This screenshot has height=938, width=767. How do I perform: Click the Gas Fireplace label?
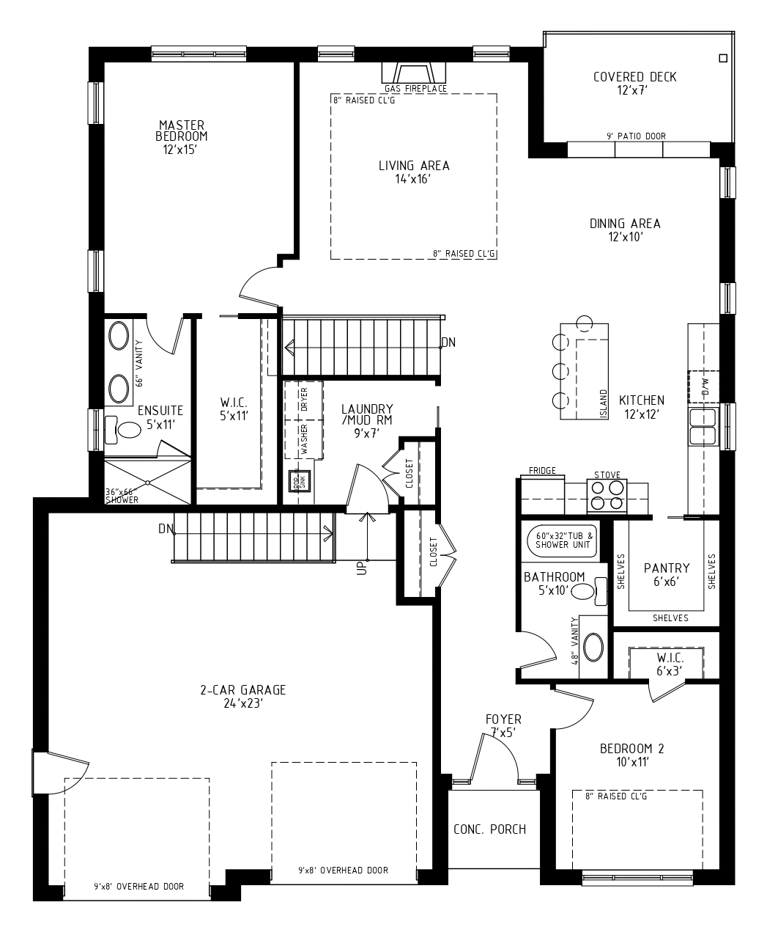click(415, 89)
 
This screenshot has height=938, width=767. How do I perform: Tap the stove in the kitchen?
click(607, 496)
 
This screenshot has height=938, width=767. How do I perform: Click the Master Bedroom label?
click(181, 131)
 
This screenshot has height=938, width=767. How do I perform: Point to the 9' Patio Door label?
click(636, 136)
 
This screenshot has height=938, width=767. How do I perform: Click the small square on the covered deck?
click(723, 58)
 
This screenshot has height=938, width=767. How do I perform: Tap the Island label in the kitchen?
click(603, 404)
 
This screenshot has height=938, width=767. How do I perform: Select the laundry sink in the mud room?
click(299, 481)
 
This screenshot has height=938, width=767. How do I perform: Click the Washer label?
click(304, 439)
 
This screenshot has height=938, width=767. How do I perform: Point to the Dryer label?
click(304, 399)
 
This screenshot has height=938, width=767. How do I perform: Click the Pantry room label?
click(667, 568)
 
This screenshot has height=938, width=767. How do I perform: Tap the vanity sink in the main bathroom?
click(593, 647)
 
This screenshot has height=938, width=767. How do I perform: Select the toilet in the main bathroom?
click(589, 592)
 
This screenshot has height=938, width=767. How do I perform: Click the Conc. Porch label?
click(489, 829)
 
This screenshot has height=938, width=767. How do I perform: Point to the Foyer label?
click(503, 719)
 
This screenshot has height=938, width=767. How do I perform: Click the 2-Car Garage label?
click(243, 690)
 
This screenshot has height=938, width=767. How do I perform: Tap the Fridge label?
click(542, 471)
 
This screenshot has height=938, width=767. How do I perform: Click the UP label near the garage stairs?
click(362, 568)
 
